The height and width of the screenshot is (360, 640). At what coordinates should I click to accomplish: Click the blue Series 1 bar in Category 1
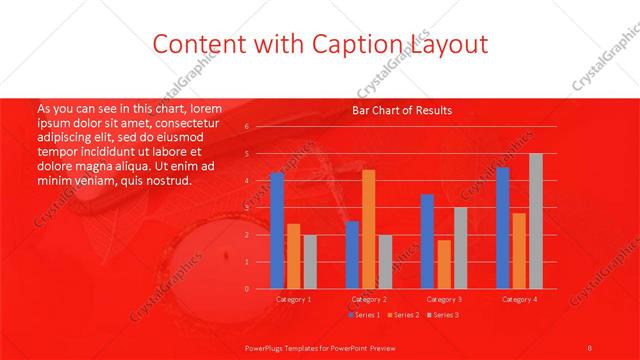277,231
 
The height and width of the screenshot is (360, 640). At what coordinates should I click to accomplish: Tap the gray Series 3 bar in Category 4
535,221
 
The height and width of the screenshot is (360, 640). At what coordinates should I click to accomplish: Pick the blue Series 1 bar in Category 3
427,241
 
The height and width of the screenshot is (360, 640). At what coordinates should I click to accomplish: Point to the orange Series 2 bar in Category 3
443,264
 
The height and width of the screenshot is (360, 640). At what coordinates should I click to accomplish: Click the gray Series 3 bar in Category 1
309,262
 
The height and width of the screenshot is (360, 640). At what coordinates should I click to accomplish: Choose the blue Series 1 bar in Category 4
502,228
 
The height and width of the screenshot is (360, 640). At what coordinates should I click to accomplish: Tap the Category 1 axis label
293,299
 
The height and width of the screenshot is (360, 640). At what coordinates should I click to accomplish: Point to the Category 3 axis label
443,299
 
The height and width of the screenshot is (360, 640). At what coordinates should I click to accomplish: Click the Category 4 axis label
518,299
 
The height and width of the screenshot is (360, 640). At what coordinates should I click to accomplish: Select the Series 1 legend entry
364,315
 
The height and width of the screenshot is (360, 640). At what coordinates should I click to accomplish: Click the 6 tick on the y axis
246,128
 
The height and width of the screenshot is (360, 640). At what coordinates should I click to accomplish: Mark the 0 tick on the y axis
246,289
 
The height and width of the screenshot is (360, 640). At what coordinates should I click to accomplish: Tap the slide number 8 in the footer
590,346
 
